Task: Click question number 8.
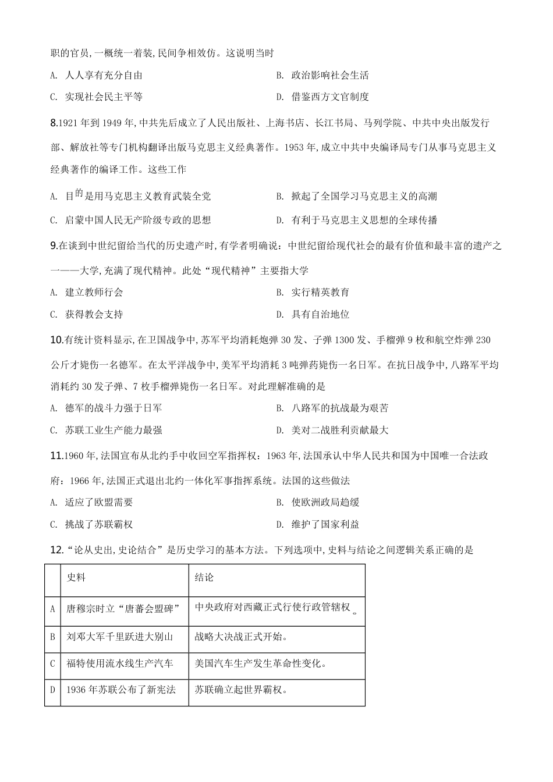tap(54, 123)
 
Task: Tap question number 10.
tap(56, 340)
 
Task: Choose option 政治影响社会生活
tap(329, 75)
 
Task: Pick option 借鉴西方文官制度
tap(329, 97)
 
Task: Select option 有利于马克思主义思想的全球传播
tap(364, 220)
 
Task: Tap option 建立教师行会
tap(94, 292)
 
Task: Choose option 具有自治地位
tap(320, 314)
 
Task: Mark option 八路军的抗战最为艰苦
tap(339, 408)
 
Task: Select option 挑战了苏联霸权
tap(99, 524)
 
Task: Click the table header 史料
tap(76, 577)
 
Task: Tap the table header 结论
tap(204, 577)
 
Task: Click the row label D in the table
tap(52, 690)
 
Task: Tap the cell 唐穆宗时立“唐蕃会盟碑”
tap(122, 609)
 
